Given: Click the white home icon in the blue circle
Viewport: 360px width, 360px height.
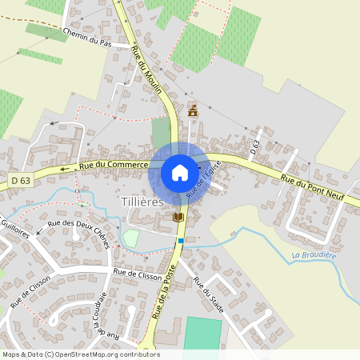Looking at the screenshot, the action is tap(180, 173).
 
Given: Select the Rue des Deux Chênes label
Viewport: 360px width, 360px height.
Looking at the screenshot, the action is tap(78, 233).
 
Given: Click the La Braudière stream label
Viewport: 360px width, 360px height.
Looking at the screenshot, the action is tap(314, 256).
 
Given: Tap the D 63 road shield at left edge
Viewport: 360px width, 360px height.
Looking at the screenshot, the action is tap(21, 181).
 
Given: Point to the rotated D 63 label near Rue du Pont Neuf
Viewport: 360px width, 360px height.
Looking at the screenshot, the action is tap(255, 146).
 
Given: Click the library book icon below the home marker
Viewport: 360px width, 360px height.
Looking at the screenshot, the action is tap(178, 217).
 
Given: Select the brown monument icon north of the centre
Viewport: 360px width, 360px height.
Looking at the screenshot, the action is tap(192, 111).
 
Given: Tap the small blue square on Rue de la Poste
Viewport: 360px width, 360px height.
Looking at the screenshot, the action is tap(182, 240).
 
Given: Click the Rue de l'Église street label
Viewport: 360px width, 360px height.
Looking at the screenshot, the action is tap(202, 179).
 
